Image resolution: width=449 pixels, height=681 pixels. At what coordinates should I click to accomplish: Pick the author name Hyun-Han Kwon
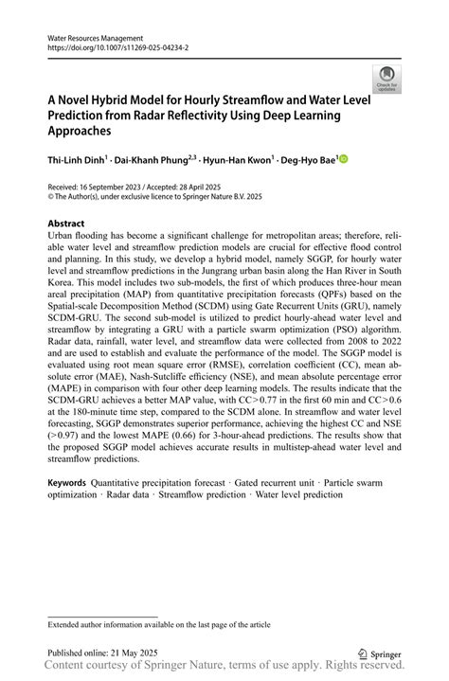pyautogui.click(x=238, y=160)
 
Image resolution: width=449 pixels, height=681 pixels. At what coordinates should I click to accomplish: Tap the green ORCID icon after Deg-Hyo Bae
pyautogui.click(x=345, y=159)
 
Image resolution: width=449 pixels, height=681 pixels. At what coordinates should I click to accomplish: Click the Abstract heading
pyautogui.click(x=67, y=224)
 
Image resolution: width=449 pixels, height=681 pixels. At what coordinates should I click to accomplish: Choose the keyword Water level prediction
pyautogui.click(x=297, y=494)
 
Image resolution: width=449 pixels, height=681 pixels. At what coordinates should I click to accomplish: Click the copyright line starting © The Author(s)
pyautogui.click(x=154, y=197)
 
